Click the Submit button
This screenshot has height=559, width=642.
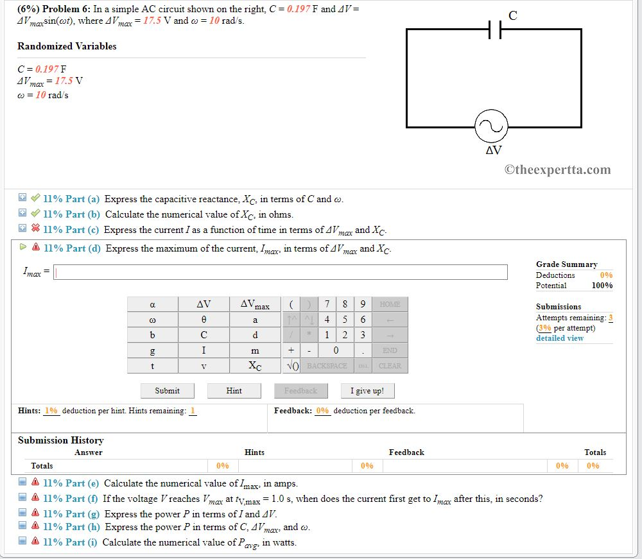click(167, 390)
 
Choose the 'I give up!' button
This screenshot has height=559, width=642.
click(367, 390)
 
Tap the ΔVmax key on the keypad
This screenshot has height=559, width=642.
click(255, 304)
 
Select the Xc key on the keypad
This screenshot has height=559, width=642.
click(255, 366)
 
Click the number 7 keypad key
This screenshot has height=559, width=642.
click(327, 304)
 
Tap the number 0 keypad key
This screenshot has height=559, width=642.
click(336, 350)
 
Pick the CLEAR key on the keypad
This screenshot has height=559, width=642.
click(390, 366)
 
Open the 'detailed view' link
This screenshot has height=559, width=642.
click(560, 338)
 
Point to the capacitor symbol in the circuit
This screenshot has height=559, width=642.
click(495, 29)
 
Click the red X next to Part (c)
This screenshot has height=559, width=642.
click(36, 229)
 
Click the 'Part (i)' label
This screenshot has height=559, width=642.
click(82, 542)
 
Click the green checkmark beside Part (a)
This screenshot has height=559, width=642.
click(36, 199)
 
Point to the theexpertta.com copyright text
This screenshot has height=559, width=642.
click(557, 170)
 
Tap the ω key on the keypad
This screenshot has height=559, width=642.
click(153, 320)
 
